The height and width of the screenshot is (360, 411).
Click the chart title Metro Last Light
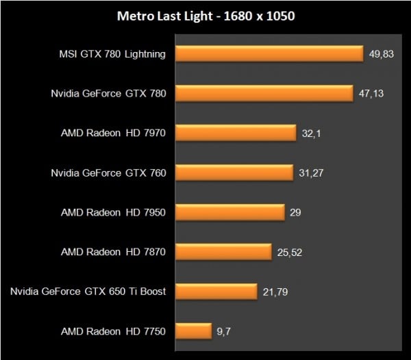click(x=205, y=16)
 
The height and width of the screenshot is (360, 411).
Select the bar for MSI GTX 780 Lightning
click(x=269, y=53)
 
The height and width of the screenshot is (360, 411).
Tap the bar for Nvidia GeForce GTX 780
click(x=264, y=93)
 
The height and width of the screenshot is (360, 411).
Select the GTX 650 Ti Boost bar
click(x=216, y=292)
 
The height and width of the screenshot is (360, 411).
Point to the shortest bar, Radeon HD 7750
click(x=194, y=331)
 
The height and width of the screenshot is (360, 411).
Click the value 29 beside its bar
click(x=295, y=212)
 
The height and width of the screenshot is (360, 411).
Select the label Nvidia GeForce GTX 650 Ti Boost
click(x=88, y=292)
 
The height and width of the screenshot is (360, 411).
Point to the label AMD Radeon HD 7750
click(x=114, y=331)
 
